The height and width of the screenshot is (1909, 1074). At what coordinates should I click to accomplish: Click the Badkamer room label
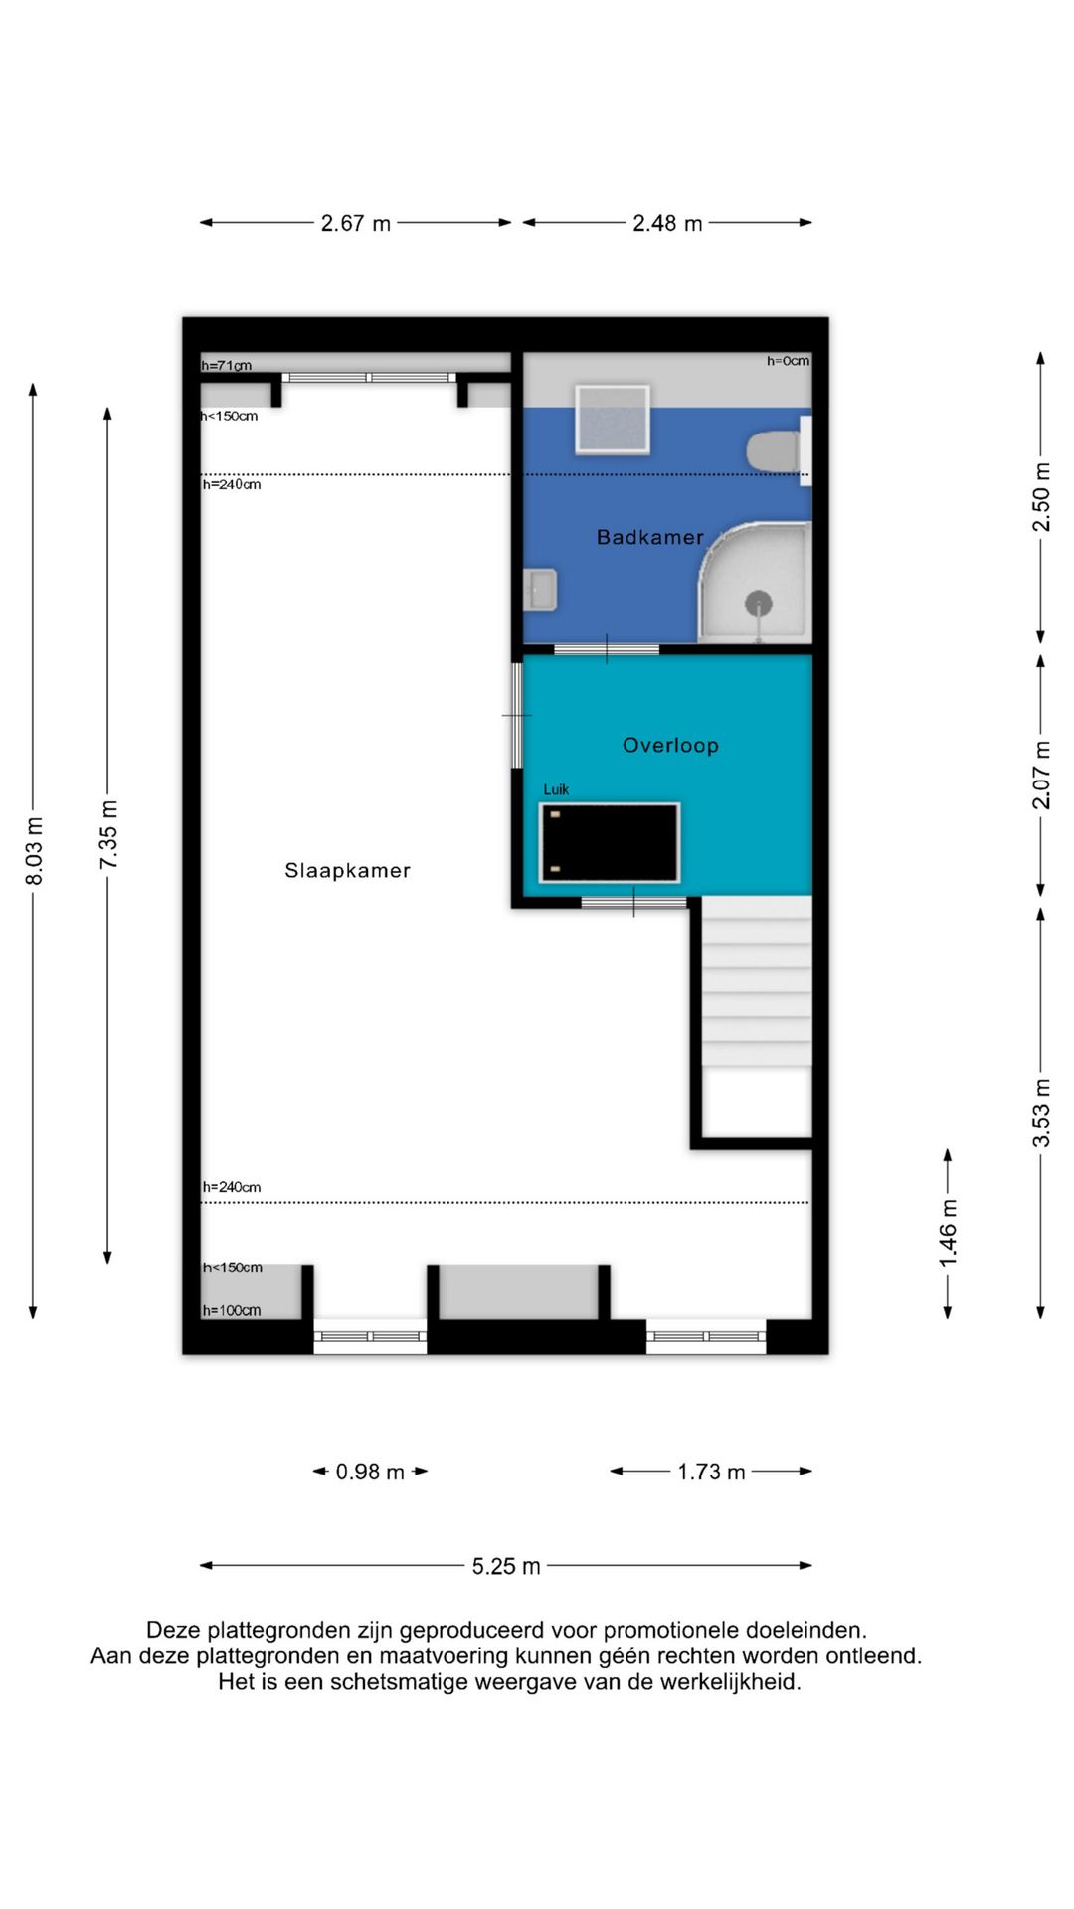(x=649, y=537)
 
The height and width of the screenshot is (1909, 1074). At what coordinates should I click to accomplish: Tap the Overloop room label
(x=670, y=745)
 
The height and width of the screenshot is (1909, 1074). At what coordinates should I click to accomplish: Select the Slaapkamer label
(x=347, y=870)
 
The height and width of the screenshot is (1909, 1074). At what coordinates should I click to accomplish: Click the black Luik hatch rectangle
(x=610, y=843)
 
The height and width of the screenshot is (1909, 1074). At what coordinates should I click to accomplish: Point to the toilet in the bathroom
(x=772, y=452)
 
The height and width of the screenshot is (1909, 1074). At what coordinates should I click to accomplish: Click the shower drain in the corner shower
(x=759, y=603)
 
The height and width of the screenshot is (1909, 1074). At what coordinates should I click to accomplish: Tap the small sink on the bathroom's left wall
(x=540, y=591)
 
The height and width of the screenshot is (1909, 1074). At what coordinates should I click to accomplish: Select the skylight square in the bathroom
(x=613, y=420)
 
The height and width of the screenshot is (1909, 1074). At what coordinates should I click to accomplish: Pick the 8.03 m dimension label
(x=34, y=850)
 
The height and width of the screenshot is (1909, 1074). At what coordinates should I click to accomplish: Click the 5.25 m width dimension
(x=505, y=1566)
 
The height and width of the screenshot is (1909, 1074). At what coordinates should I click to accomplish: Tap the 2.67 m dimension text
(x=355, y=223)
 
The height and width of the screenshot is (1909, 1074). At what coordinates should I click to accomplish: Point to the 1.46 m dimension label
(x=948, y=1233)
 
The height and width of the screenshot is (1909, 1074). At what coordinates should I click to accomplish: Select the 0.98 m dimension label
(x=370, y=1472)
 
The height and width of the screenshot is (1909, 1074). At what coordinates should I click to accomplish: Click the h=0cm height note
(x=788, y=361)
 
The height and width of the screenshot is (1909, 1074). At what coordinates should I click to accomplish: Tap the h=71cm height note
(x=227, y=365)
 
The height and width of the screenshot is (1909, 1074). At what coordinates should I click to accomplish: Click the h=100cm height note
(x=232, y=1310)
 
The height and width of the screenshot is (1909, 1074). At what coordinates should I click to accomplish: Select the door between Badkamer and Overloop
(x=607, y=650)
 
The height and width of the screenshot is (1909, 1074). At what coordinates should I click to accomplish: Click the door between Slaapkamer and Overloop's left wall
(x=516, y=715)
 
